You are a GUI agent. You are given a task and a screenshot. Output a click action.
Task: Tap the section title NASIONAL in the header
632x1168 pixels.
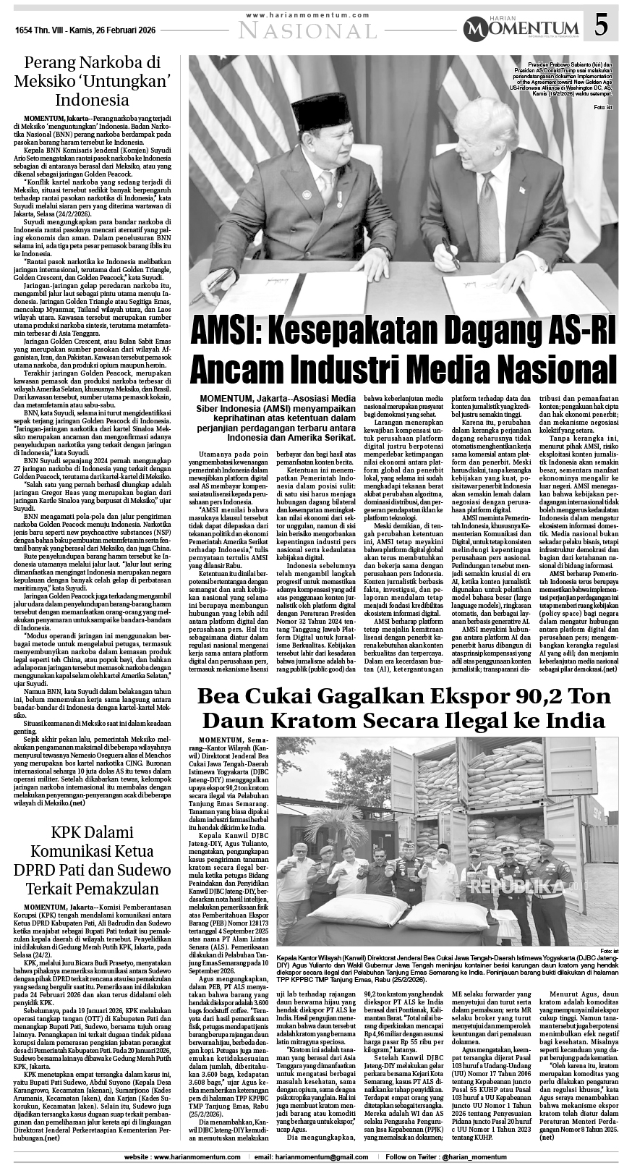pyautogui.click(x=308, y=30)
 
